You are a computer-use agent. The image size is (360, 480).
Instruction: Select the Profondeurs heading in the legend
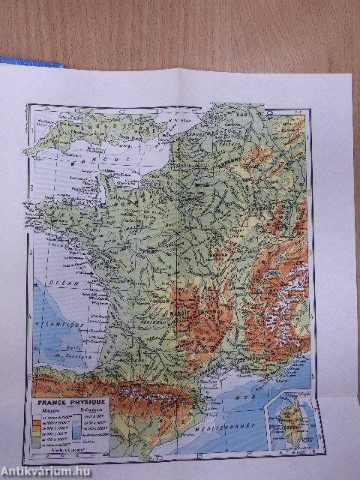(x=91, y=410)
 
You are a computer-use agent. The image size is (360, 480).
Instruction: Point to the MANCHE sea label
(x=79, y=160)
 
